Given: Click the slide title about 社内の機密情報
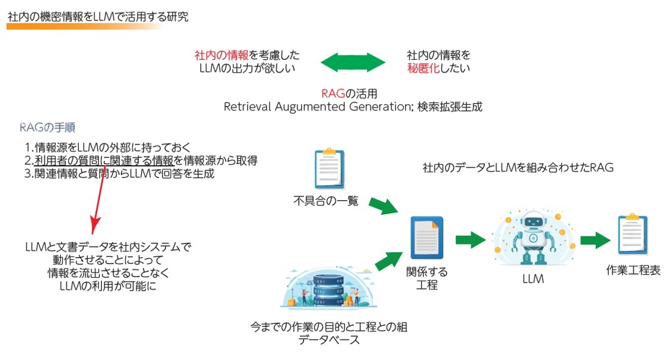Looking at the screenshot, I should [x=98, y=16].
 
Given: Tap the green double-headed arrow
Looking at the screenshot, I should [x=353, y=61].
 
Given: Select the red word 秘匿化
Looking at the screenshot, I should [x=423, y=68].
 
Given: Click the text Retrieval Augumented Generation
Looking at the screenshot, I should [x=318, y=107].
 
